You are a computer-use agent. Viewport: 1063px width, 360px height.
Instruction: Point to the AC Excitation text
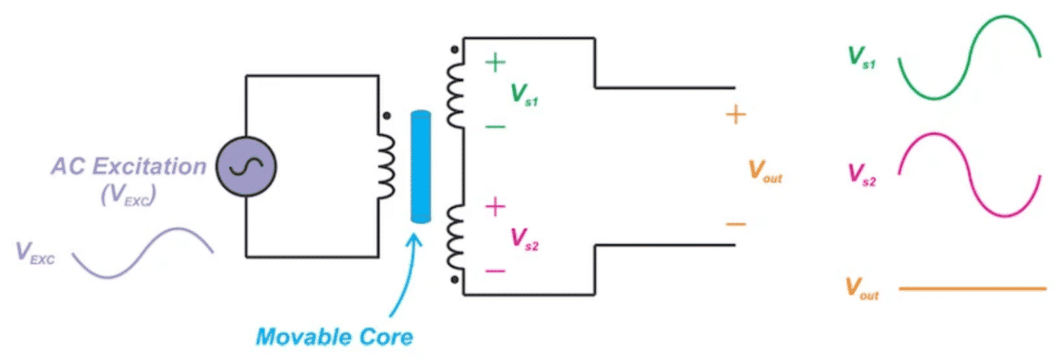point(129,167)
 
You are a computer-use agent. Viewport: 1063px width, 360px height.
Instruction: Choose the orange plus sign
point(735,115)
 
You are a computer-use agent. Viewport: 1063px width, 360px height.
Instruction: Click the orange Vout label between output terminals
point(765,171)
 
